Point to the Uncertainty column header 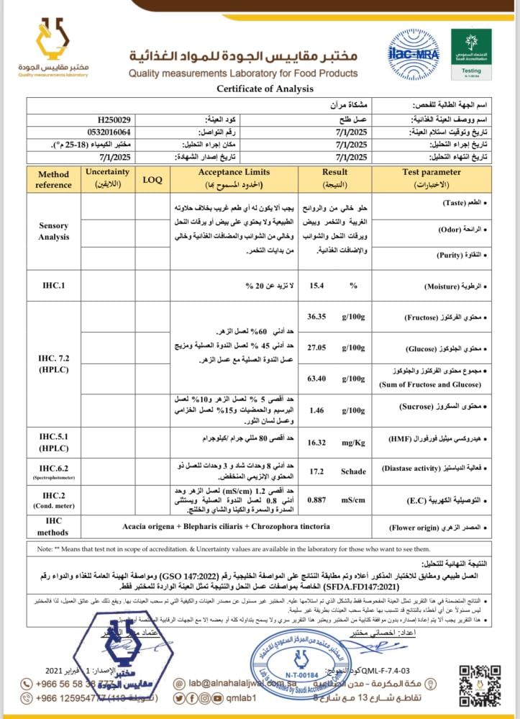pos(107,178)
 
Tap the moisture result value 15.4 pos(316,286)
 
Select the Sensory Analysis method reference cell pos(53,231)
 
